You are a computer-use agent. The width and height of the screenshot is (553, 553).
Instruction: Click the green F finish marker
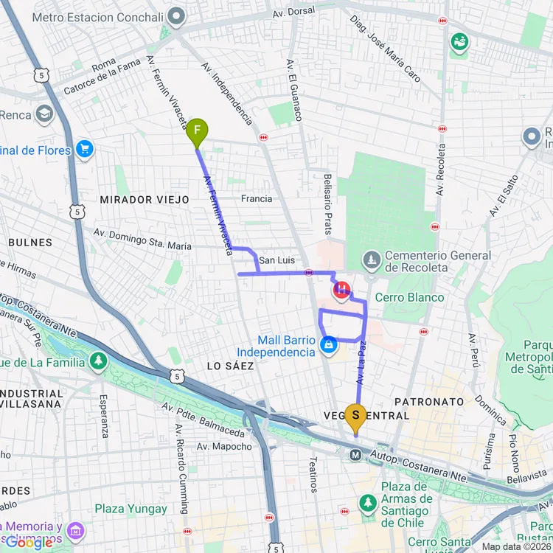197,133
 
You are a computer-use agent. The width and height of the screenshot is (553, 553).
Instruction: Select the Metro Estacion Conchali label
108,16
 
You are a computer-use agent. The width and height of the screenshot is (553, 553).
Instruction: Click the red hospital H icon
341,291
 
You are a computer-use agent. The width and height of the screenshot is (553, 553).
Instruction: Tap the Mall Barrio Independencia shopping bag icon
329,344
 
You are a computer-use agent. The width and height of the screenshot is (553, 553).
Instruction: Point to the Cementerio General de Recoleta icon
371,260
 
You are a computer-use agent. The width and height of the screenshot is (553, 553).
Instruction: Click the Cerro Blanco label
409,297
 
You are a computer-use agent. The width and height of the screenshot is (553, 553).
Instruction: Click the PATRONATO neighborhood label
430,402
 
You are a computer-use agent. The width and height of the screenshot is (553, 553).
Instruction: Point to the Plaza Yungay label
131,509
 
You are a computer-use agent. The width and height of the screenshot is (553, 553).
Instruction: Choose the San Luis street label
276,260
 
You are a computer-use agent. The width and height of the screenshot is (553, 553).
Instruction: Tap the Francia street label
257,198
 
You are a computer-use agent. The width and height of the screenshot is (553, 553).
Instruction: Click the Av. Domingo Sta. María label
142,239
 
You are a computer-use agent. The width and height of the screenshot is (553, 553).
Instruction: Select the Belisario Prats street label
327,204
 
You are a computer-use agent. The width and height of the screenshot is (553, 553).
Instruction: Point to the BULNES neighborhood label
30,242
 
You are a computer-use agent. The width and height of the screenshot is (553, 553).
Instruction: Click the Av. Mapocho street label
224,446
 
